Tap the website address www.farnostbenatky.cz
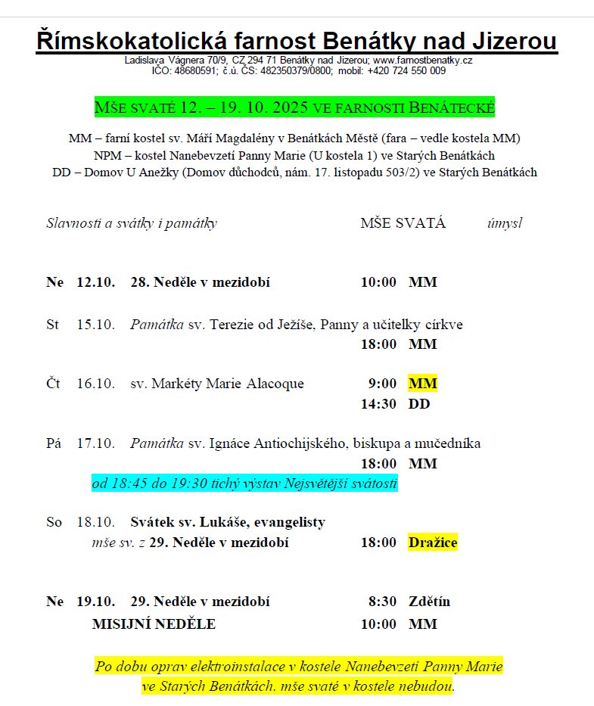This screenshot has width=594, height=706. (423, 61)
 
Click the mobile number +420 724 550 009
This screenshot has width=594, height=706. (406, 70)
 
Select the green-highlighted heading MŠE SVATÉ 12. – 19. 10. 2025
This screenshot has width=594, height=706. (294, 107)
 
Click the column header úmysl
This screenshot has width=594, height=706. (505, 223)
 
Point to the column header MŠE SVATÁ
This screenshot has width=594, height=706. (403, 223)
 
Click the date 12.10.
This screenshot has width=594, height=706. (95, 283)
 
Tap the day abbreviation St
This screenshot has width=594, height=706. (53, 325)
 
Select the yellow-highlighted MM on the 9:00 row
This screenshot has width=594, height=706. (423, 384)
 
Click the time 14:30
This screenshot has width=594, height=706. (378, 404)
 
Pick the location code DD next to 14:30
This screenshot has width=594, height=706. (419, 404)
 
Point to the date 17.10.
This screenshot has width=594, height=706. (95, 443)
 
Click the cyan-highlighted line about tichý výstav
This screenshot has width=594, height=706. (244, 484)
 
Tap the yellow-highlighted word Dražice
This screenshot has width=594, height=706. (433, 543)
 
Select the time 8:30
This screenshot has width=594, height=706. (383, 602)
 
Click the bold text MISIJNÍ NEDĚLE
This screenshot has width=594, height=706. (154, 624)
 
